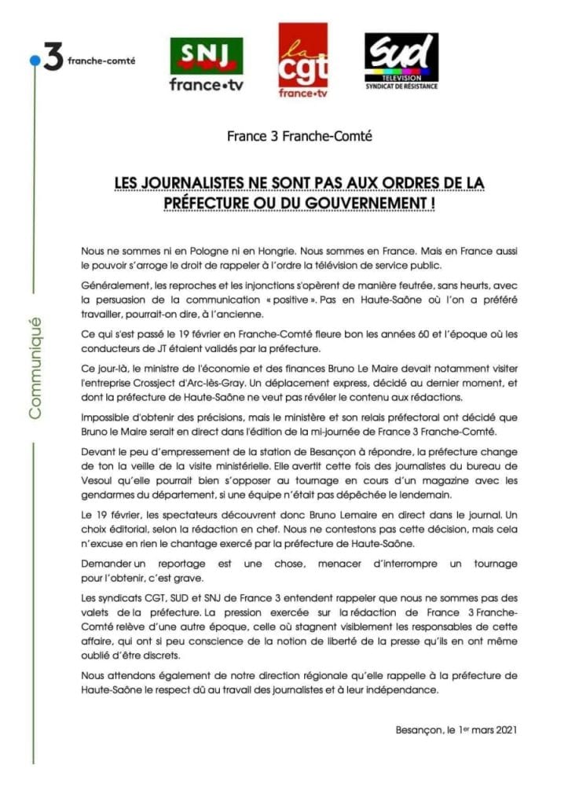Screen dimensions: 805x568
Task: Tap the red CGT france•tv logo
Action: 302,61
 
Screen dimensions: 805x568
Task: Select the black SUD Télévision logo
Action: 401,61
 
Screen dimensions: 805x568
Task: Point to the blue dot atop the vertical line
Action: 33,60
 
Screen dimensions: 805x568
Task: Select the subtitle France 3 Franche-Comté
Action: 299,136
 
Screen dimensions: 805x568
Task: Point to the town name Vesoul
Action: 98,483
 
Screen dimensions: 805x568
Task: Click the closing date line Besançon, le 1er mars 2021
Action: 456,729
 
